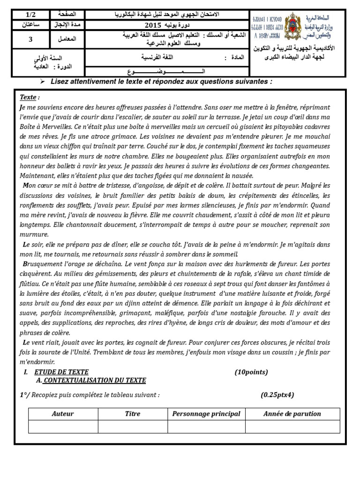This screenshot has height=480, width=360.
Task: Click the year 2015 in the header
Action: coord(152,25)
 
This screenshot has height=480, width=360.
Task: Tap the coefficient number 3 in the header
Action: coord(30,39)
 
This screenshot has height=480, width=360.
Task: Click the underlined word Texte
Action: coord(28,97)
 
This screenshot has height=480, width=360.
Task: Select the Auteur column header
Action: coord(63,414)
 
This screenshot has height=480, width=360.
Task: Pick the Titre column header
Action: coord(133,414)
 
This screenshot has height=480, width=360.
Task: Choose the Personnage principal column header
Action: coord(206,414)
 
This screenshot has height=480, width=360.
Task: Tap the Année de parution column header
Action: coord(292,414)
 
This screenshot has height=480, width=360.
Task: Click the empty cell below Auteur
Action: coord(63,427)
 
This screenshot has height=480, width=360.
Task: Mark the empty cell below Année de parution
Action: coord(292,427)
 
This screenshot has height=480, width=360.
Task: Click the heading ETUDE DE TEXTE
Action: coord(61,372)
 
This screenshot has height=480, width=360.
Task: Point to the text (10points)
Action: coord(251,372)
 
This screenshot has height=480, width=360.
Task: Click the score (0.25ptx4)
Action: coord(277,395)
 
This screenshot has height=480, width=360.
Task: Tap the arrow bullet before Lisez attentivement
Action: coord(42,82)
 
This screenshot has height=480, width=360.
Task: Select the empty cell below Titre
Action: coord(133,427)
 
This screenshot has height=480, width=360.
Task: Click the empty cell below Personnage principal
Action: coord(206,427)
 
